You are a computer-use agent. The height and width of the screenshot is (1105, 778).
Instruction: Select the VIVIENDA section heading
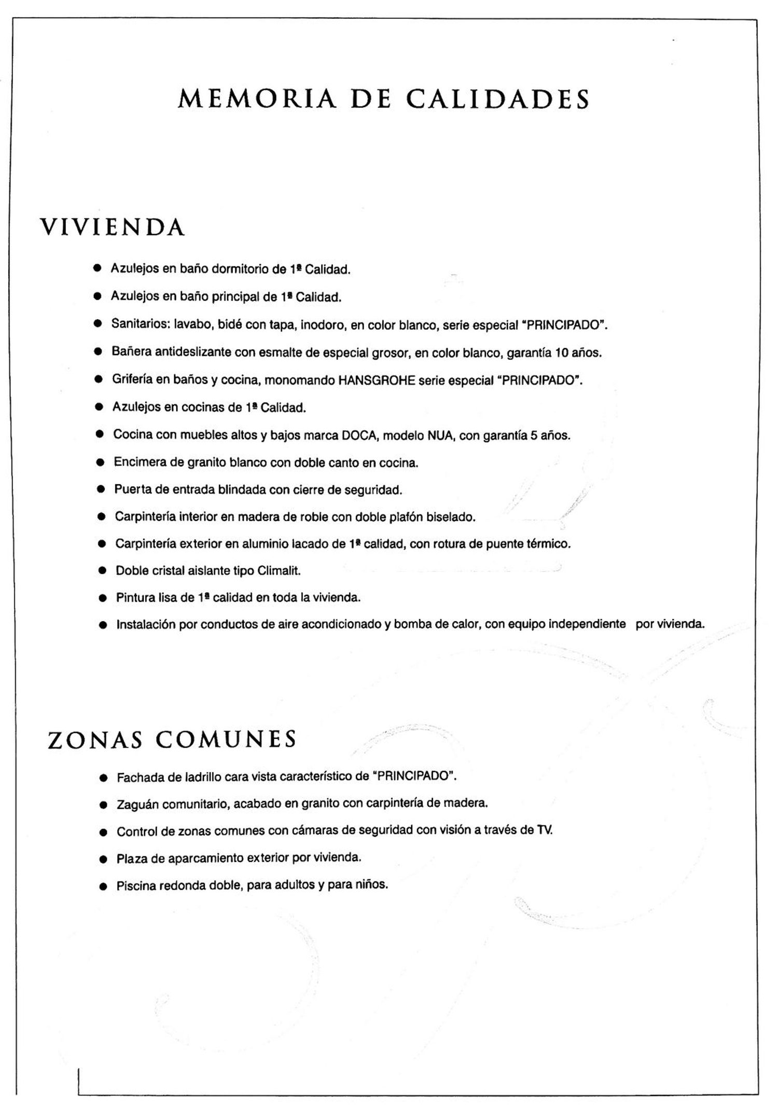click(113, 227)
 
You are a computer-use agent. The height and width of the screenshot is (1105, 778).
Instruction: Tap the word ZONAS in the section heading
click(95, 740)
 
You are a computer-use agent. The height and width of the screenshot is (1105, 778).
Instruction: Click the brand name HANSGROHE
click(377, 380)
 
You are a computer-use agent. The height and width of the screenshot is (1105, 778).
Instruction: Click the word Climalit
click(279, 571)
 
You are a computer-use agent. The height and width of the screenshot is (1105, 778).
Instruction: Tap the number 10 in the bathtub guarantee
click(562, 353)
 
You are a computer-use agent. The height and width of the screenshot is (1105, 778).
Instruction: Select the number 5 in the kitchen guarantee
click(533, 435)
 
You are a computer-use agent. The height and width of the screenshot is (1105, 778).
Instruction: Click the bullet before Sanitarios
click(97, 324)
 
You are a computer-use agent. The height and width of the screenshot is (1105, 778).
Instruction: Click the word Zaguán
click(136, 804)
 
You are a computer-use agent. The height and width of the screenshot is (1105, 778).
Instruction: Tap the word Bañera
click(131, 352)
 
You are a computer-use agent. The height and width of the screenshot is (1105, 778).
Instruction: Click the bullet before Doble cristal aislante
click(102, 571)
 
